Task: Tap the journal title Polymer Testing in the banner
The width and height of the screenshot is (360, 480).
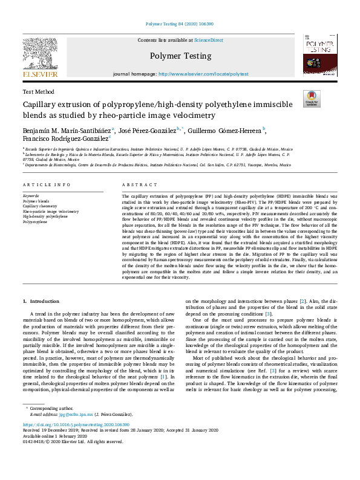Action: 180,56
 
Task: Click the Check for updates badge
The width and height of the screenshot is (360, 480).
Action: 312,98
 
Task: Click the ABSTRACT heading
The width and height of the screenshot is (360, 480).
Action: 135,184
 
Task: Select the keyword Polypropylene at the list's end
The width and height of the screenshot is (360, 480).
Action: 35,222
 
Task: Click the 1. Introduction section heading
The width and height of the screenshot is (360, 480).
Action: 42,301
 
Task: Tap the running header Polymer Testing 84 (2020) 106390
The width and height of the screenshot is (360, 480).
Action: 180,25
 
